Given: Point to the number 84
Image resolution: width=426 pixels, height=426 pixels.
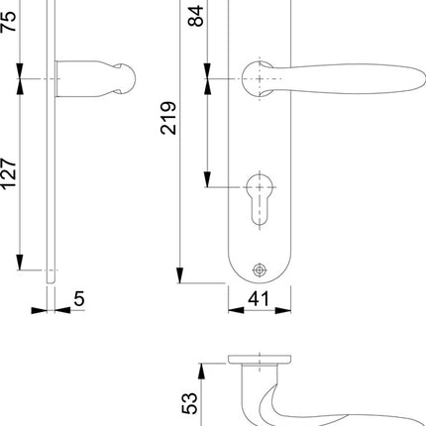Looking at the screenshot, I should click(195, 18).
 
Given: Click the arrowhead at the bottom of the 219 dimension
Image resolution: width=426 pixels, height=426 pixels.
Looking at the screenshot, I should click(179, 277).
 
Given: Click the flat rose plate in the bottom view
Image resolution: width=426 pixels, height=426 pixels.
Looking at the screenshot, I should click(259, 358).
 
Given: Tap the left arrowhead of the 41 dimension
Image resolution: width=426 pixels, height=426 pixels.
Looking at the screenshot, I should click(234, 308).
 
